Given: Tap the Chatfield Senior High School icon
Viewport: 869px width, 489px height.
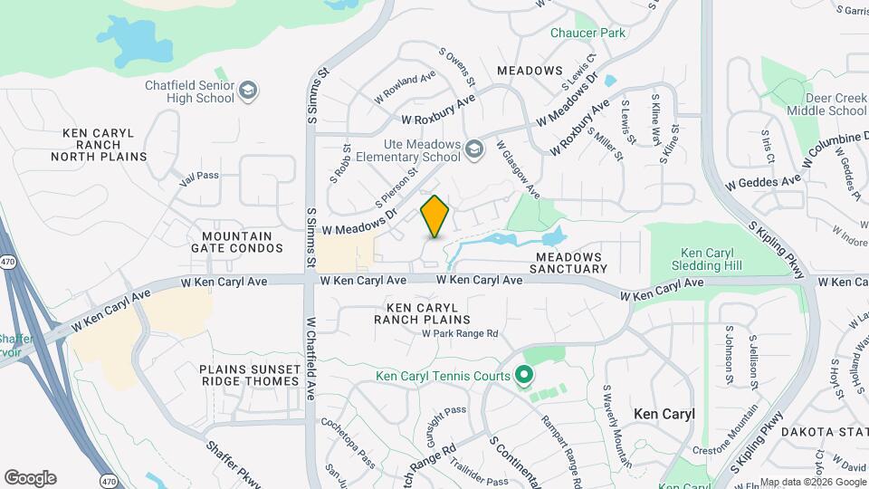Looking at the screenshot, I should coord(248,91).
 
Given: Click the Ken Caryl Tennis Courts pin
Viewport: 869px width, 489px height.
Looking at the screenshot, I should coord(522,373).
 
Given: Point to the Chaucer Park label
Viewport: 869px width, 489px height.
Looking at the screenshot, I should coord(587,34).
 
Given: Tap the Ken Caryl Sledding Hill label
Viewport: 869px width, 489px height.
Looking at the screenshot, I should coord(711,259).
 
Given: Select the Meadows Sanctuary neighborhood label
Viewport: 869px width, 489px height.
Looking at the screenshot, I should coord(568,263).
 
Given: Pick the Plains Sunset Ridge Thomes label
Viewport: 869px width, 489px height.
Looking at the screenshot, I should coord(249,375).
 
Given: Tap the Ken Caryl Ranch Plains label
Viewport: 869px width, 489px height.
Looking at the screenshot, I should coord(424,313).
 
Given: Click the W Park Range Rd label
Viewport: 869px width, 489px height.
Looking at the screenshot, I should coord(460,334).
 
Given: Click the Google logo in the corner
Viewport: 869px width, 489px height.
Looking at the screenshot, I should coord(30,478).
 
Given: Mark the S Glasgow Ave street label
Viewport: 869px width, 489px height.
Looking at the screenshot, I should coord(518,169).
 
